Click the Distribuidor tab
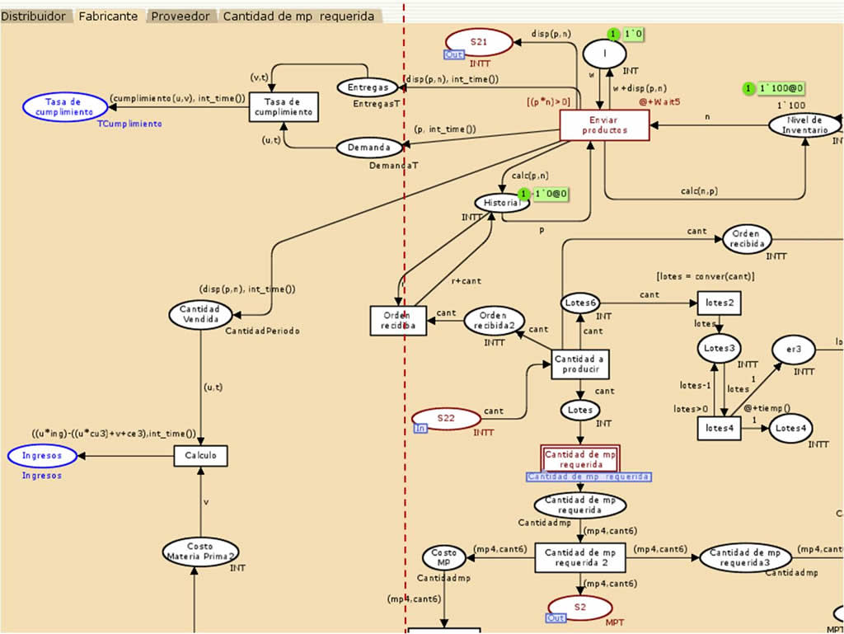[33, 16]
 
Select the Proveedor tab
[180, 16]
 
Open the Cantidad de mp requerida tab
[298, 16]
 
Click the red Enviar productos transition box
[604, 125]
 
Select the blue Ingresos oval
[42, 455]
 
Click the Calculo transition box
[200, 455]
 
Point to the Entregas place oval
[368, 87]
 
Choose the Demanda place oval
[368, 148]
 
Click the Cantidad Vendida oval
[201, 313]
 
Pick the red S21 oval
[479, 42]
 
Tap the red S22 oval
[446, 418]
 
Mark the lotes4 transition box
[718, 428]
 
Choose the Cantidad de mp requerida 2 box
[580, 557]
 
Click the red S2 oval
[580, 608]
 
